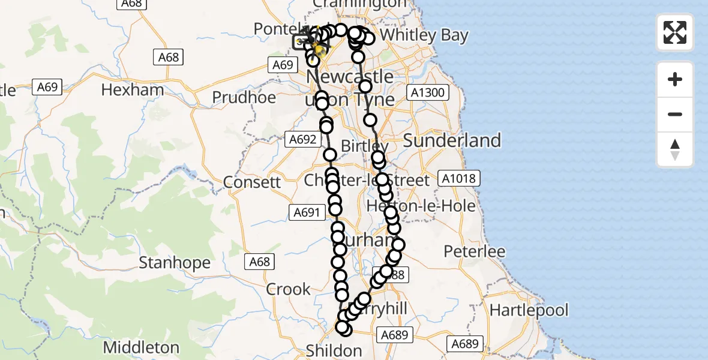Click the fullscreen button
[x=675, y=32]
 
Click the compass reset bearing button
[x=675, y=149]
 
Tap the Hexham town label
[x=133, y=90]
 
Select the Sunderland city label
[x=452, y=140]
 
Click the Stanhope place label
[x=175, y=263]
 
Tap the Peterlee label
[x=475, y=251]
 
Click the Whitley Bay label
[x=424, y=35]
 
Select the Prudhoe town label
[x=244, y=97]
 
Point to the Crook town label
[x=289, y=289]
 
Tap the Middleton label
[x=141, y=347]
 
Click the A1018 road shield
[x=460, y=178]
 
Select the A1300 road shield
[x=426, y=92]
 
